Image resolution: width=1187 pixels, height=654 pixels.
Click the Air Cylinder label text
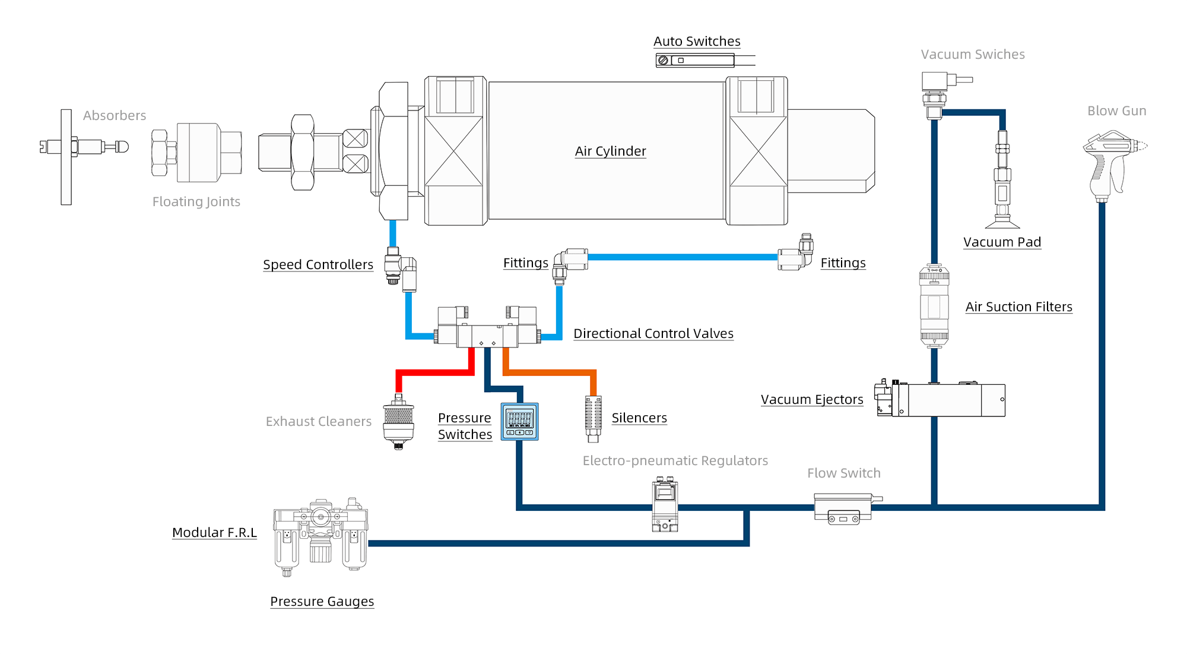610,151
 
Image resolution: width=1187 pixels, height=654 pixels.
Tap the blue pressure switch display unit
520,422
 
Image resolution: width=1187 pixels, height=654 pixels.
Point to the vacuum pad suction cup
1002,222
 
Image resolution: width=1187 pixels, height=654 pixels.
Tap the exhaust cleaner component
398,422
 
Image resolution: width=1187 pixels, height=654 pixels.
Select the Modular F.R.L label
214,532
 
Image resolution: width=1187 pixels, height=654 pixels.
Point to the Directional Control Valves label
653,334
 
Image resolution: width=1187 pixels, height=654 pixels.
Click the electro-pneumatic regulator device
665,505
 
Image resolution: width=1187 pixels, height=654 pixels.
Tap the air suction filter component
934,306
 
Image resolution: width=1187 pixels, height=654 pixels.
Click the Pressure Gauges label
322,602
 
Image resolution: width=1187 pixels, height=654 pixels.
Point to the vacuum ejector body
944,400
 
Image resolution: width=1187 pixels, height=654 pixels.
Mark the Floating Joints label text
196,202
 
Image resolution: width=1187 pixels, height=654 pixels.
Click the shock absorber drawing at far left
83,147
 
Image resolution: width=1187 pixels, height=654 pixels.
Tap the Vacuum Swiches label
973,55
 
